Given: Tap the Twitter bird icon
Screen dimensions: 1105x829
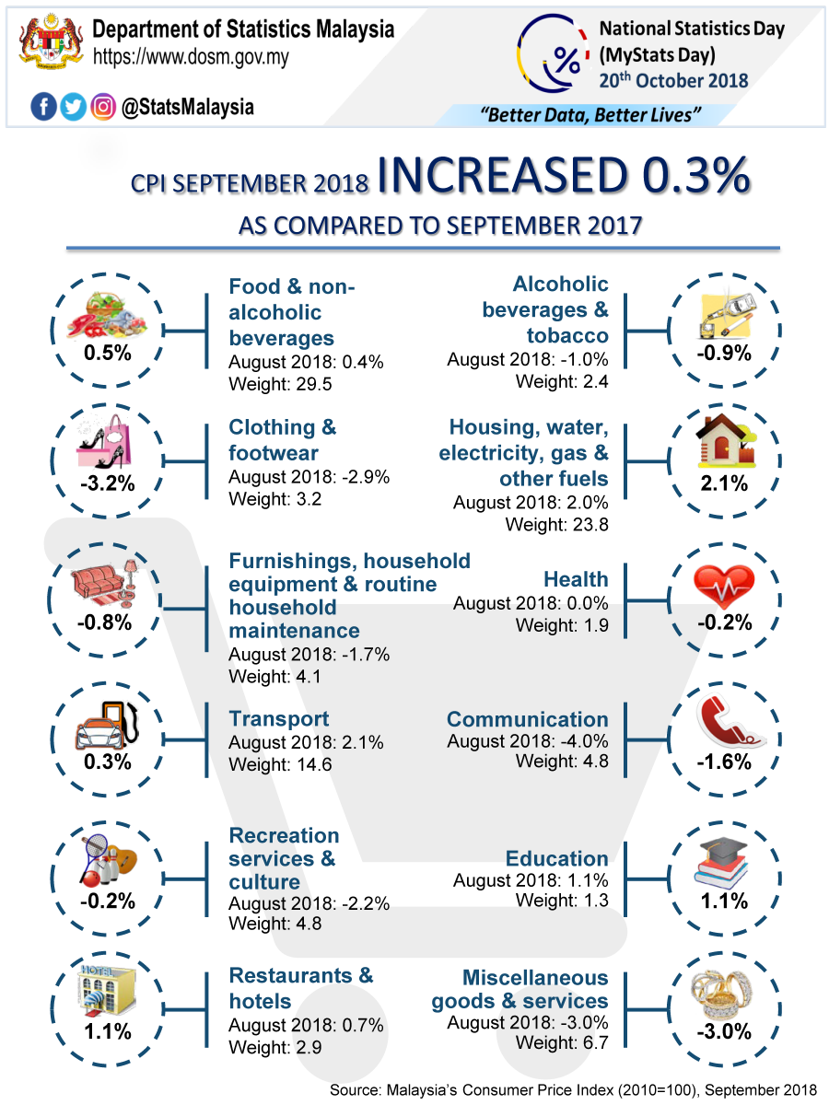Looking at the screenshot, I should pyautogui.click(x=73, y=108).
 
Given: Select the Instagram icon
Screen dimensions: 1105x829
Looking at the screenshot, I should pyautogui.click(x=103, y=108).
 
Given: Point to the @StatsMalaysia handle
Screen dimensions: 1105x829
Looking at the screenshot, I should pyautogui.click(x=187, y=108).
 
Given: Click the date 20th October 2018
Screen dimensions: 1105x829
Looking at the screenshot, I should pyautogui.click(x=673, y=80).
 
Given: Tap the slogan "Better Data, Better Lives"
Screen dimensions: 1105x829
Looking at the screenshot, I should pyautogui.click(x=590, y=115).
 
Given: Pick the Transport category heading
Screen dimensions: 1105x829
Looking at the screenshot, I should pyautogui.click(x=278, y=719).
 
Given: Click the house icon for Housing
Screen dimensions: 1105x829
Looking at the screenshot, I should pyautogui.click(x=725, y=442).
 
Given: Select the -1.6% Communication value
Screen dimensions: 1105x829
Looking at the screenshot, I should pyautogui.click(x=724, y=762).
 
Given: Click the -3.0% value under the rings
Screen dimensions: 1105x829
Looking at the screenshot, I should pyautogui.click(x=724, y=1032).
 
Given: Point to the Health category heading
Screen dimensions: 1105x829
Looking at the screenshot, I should pyautogui.click(x=576, y=579).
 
